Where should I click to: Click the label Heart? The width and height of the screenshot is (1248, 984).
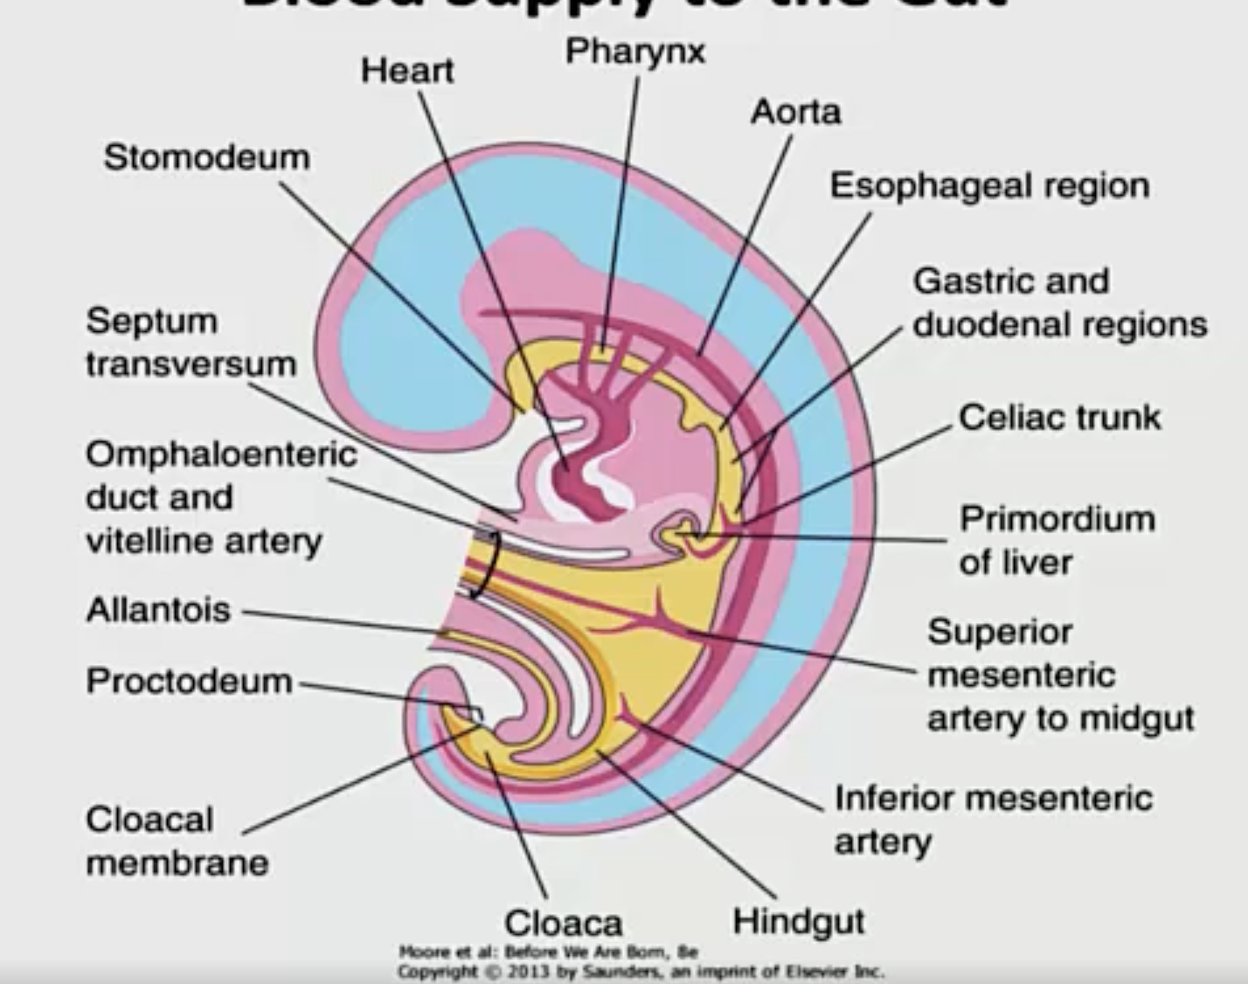coord(407,70)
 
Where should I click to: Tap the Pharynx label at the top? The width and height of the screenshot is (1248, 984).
coord(635,51)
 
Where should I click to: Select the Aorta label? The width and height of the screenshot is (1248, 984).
coord(795,112)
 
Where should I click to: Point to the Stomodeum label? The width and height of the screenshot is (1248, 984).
coord(207,157)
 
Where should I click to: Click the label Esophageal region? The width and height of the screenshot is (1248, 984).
coord(989,186)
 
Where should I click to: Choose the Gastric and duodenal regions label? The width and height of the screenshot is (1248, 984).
coord(1059,302)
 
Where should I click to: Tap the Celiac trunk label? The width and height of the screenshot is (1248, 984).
coord(1059,417)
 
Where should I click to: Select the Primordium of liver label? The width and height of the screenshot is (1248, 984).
coord(1057,540)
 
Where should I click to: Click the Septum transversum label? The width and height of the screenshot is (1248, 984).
coord(191,343)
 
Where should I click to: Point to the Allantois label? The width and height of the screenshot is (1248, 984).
coord(158,609)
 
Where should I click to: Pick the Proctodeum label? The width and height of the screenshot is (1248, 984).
coord(189,681)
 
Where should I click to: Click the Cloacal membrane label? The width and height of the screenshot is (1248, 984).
coord(177,841)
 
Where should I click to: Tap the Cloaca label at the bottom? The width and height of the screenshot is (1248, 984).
coord(564,922)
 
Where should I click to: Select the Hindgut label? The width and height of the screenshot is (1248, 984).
coord(799,920)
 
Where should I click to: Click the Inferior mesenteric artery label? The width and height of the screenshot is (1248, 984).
coord(993,820)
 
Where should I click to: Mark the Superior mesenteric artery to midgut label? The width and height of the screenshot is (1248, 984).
coord(1059,675)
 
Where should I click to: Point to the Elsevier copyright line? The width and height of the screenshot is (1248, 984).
coord(641,971)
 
